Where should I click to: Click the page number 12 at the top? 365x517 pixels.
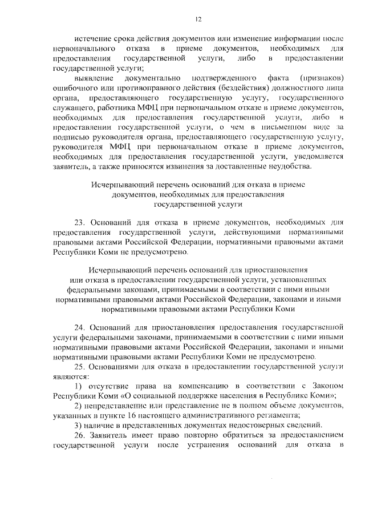199,19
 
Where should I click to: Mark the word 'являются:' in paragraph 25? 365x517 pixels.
70,377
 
